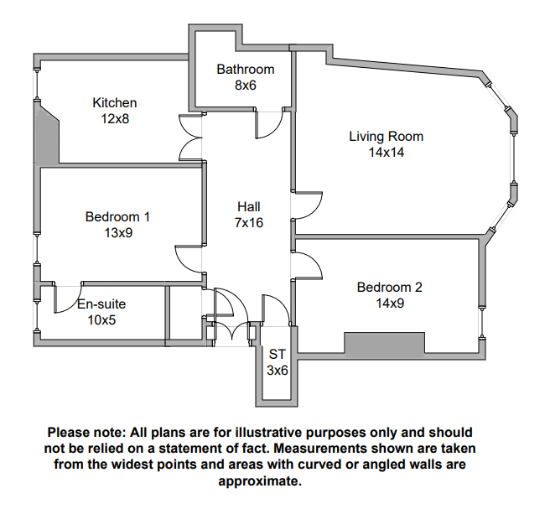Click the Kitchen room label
[114, 103]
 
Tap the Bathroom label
[245, 70]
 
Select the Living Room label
[386, 137]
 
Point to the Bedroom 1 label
[117, 217]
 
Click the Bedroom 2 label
[389, 288]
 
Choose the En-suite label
[101, 304]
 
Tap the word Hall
[249, 207]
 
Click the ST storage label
[277, 355]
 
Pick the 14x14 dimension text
[386, 153]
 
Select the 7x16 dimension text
[249, 223]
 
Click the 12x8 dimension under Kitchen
[114, 119]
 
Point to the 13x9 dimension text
[117, 233]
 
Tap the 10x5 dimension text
[101, 320]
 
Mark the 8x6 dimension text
[245, 86]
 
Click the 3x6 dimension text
[277, 370]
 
